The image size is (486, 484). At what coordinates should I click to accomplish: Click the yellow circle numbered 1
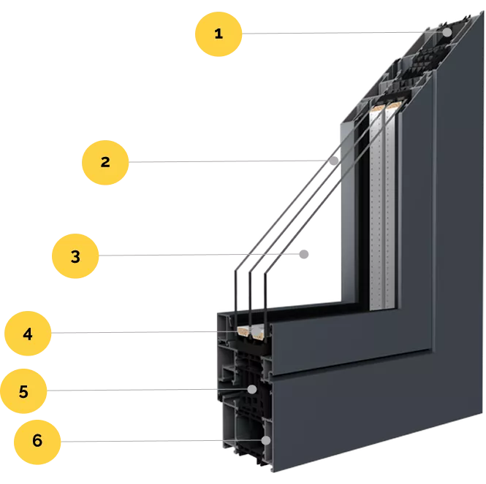(x=219, y=34)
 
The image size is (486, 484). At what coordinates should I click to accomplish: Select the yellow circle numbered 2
(x=105, y=163)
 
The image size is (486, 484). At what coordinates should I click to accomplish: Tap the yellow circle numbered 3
(x=75, y=256)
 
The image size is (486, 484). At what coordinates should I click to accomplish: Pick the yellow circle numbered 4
(x=28, y=334)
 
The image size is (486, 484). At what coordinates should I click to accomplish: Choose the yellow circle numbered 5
(x=23, y=391)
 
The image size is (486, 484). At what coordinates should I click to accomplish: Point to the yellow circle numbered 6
(x=37, y=442)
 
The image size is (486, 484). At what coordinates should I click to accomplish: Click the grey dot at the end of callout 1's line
(x=447, y=32)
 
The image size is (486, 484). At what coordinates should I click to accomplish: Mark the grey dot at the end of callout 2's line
(x=334, y=161)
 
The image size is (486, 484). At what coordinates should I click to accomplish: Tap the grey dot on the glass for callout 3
(x=304, y=255)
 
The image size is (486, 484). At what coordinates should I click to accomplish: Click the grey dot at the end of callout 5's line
(x=252, y=390)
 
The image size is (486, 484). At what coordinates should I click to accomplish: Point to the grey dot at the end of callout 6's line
(x=266, y=440)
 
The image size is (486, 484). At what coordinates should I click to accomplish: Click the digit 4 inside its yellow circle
(x=28, y=334)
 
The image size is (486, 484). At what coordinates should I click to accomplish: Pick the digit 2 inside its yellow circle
(x=105, y=162)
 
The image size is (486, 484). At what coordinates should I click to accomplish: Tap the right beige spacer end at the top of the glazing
(x=395, y=105)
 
